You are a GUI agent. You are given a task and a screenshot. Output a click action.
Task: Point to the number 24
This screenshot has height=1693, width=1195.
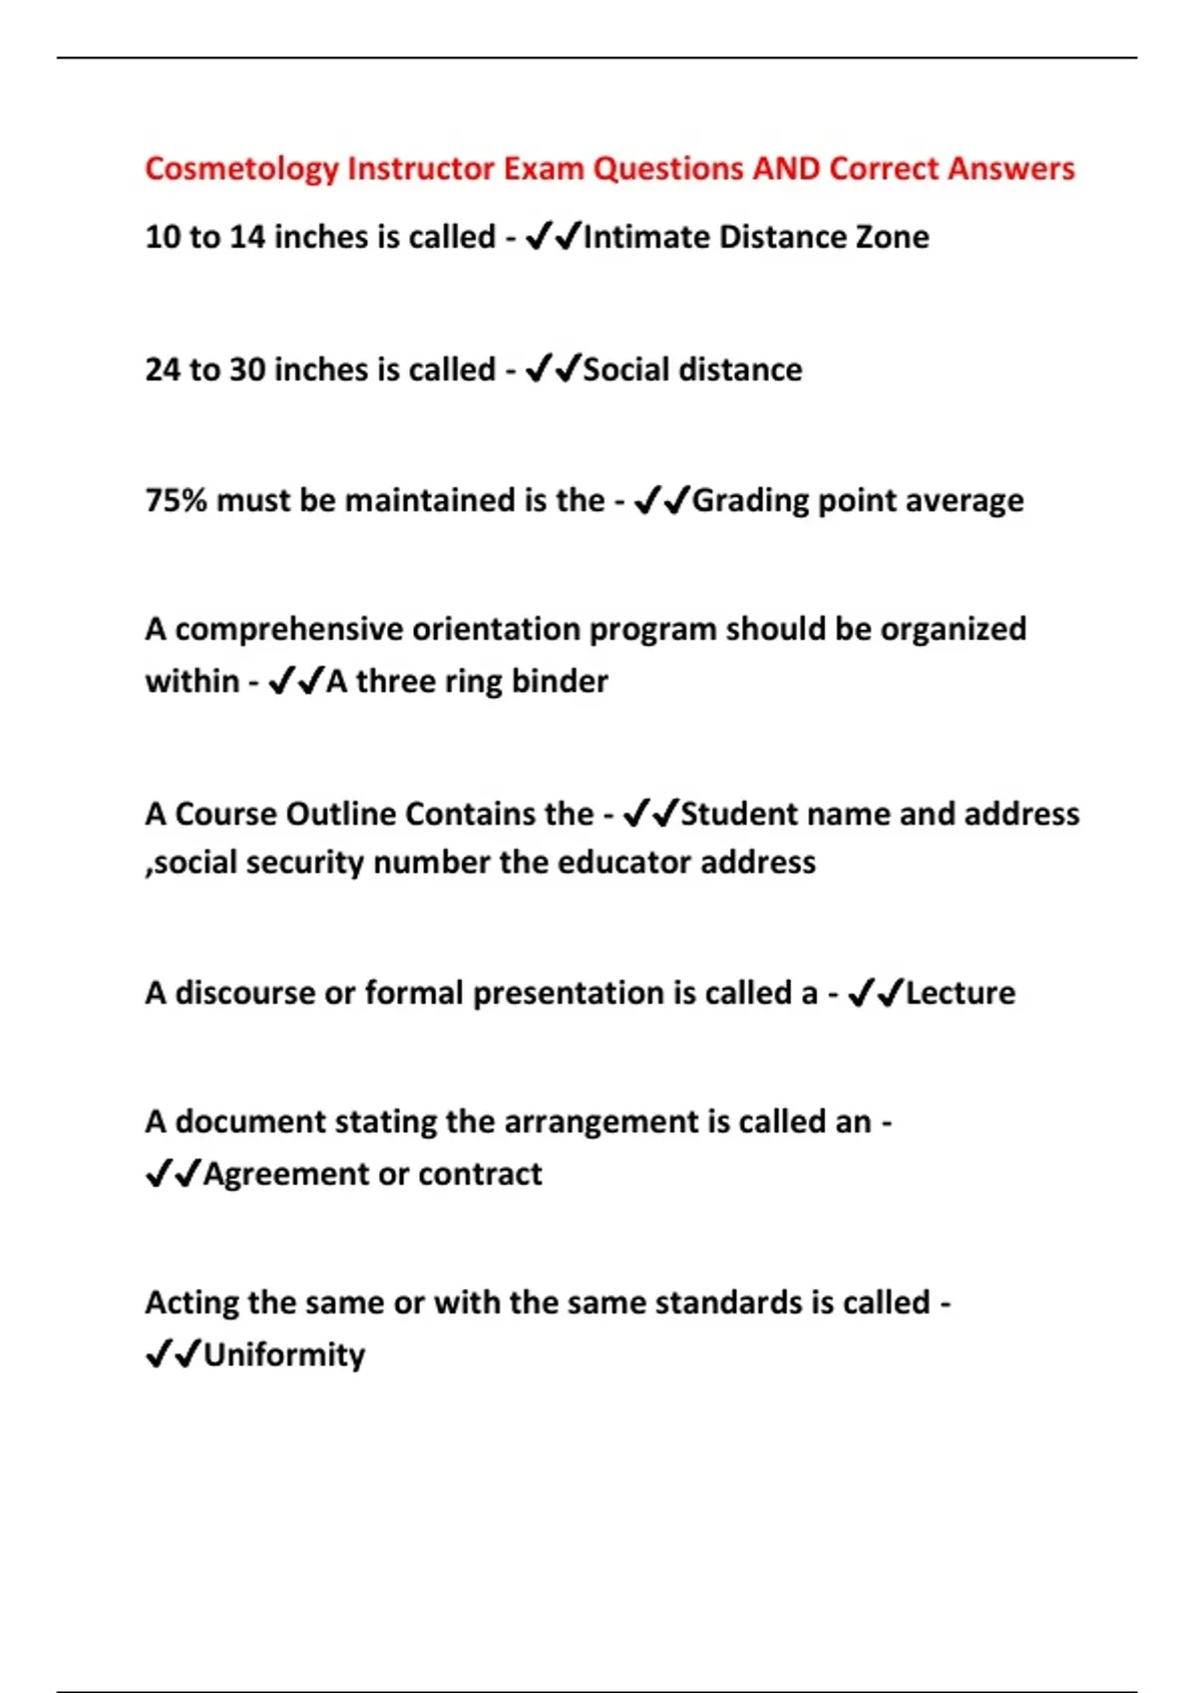(x=163, y=369)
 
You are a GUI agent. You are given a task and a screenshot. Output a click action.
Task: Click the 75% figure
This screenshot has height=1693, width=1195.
(x=175, y=500)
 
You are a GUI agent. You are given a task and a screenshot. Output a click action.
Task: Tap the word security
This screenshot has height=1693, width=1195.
(x=305, y=862)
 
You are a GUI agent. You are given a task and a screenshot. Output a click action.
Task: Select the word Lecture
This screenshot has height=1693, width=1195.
(x=960, y=993)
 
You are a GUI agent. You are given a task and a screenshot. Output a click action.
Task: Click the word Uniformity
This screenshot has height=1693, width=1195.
(x=284, y=1355)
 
